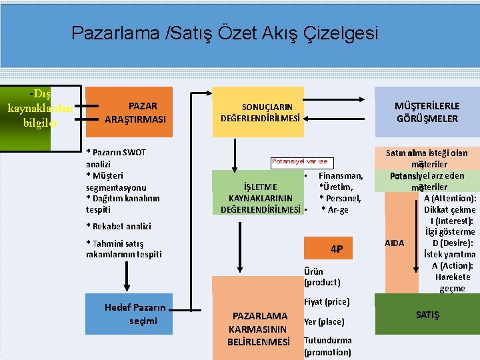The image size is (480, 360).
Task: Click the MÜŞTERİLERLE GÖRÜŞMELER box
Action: pyautogui.click(x=427, y=112)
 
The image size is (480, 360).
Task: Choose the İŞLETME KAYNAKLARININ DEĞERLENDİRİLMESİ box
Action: pyautogui.click(x=260, y=198)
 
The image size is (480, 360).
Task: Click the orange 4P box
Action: pyautogui.click(x=337, y=249)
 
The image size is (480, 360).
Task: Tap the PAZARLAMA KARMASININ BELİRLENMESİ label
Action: pyautogui.click(x=259, y=329)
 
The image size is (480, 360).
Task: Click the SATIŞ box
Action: pyautogui.click(x=427, y=314)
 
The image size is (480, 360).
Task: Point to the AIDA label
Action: pyautogui.click(x=395, y=243)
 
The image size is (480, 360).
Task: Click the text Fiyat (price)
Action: pyautogui.click(x=327, y=302)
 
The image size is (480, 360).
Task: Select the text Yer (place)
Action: pyautogui.click(x=324, y=321)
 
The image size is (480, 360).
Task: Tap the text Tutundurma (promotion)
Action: pyautogui.click(x=327, y=346)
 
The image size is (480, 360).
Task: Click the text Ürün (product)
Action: pyautogui.click(x=322, y=277)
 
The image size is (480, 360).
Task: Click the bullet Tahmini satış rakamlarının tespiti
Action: pyautogui.click(x=124, y=249)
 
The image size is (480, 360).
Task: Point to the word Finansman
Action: pyautogui.click(x=341, y=176)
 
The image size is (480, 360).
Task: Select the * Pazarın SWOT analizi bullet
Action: pyautogui.click(x=116, y=158)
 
